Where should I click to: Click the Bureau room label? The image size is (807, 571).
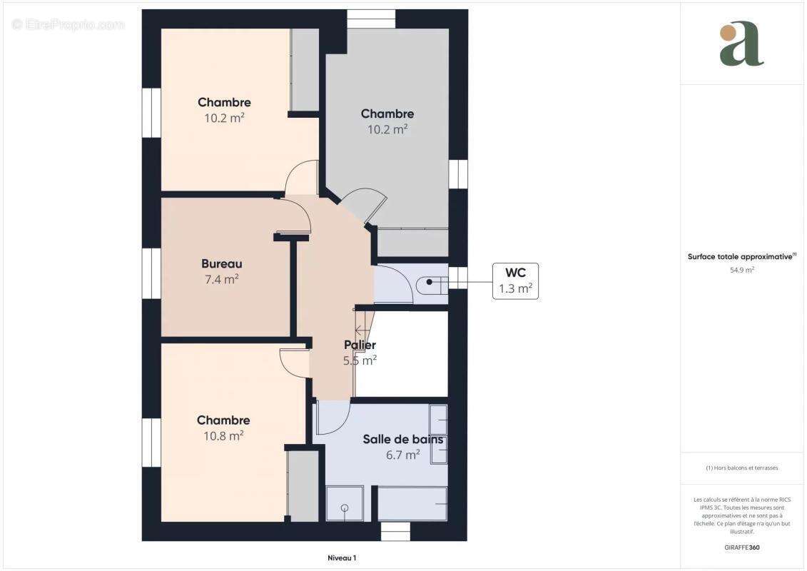[x=221, y=264]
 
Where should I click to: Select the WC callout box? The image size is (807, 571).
[x=515, y=281]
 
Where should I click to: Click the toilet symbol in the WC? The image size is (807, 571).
[x=432, y=283]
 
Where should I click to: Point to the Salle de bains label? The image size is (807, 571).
[x=402, y=440]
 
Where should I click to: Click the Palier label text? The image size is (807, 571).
[x=360, y=345]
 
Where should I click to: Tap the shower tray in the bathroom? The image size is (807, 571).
[x=345, y=504]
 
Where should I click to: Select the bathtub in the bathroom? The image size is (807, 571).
[x=412, y=504]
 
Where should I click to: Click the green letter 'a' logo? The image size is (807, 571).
[x=741, y=44]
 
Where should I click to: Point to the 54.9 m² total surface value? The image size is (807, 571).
[x=742, y=271]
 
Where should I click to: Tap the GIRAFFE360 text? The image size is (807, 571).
[x=742, y=548]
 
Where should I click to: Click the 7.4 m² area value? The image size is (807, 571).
[x=221, y=280]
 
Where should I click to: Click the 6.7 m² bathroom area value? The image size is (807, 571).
[x=402, y=455]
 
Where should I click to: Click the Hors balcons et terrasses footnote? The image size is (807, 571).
[x=742, y=468]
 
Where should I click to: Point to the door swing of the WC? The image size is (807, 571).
[x=395, y=283]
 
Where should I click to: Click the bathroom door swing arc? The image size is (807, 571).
[x=333, y=418]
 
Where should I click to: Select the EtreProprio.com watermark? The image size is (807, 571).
[x=68, y=25]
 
